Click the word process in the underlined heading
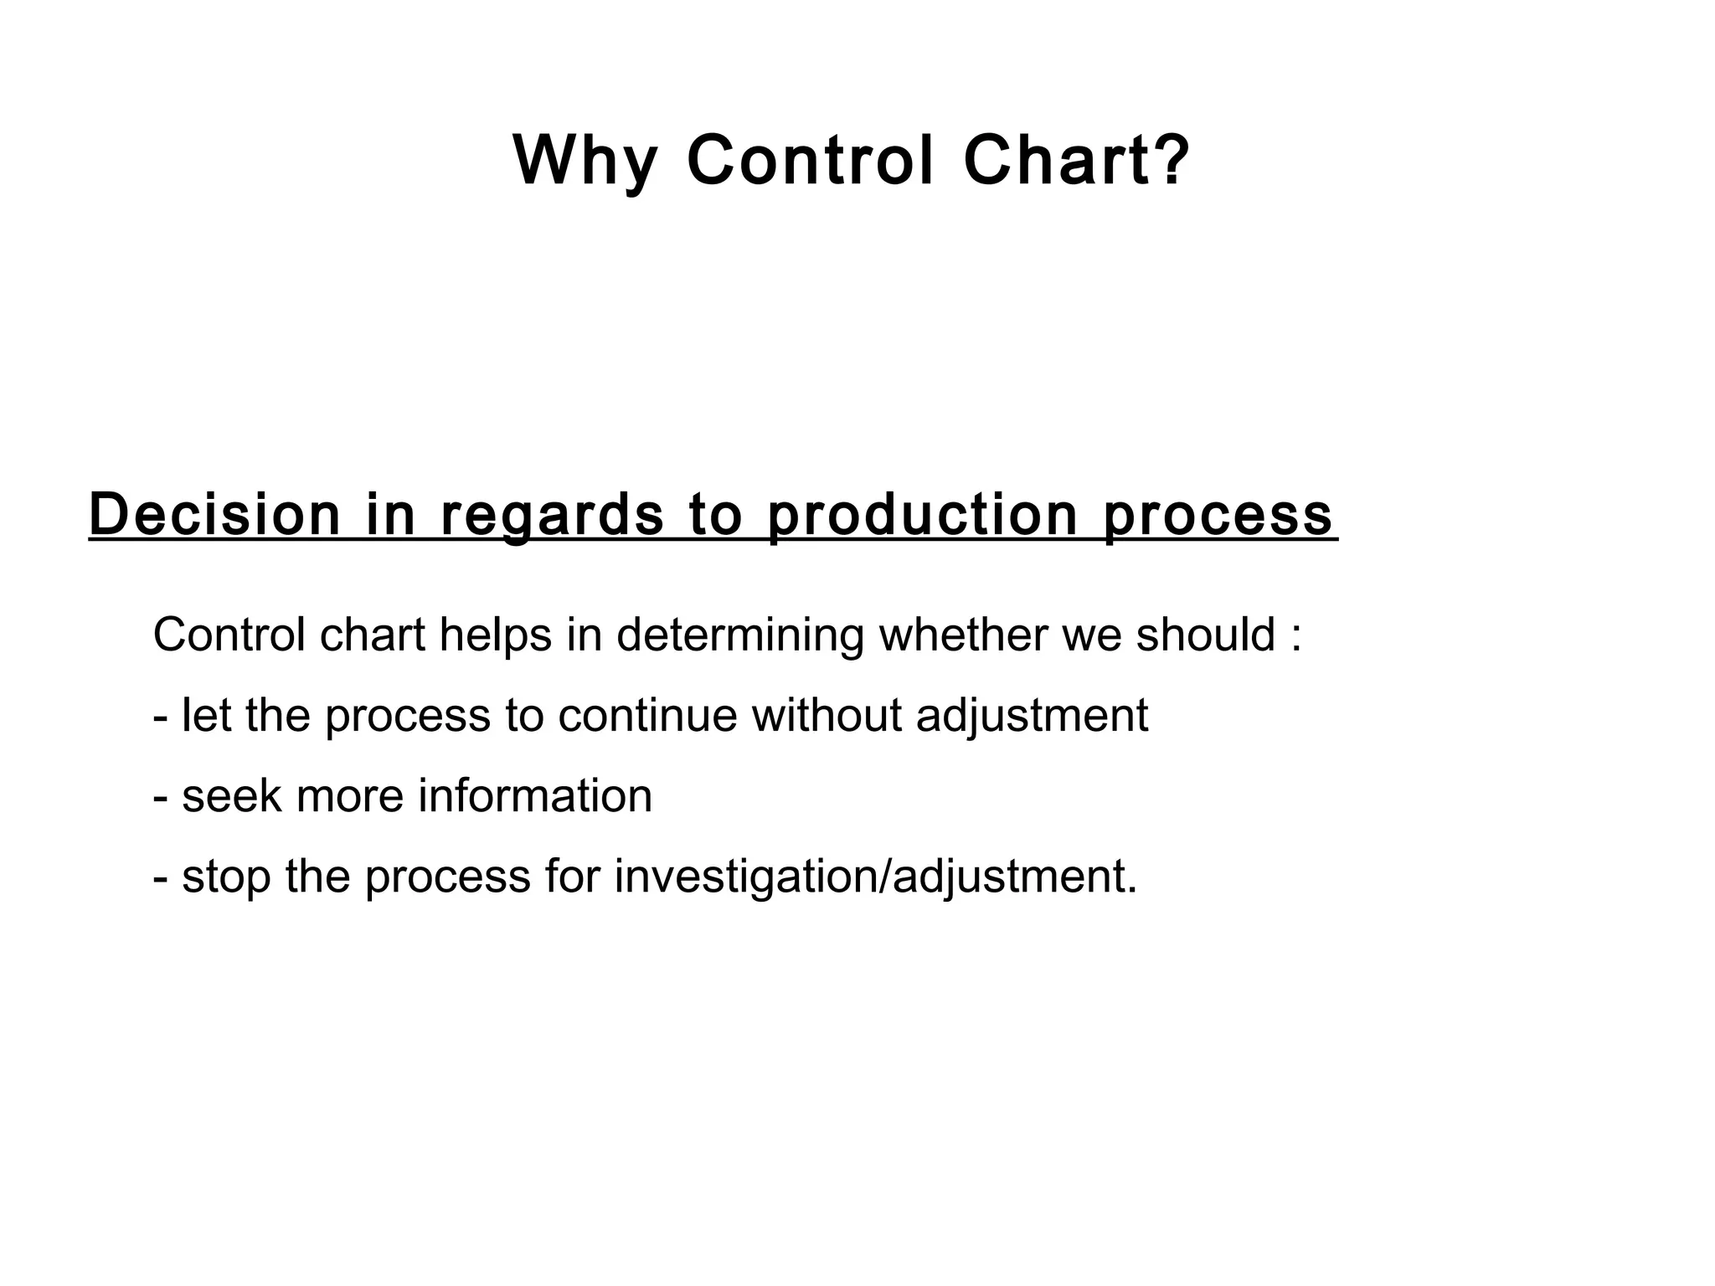(x=1218, y=516)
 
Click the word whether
(x=963, y=635)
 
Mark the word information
(x=535, y=795)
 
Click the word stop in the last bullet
(x=226, y=877)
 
